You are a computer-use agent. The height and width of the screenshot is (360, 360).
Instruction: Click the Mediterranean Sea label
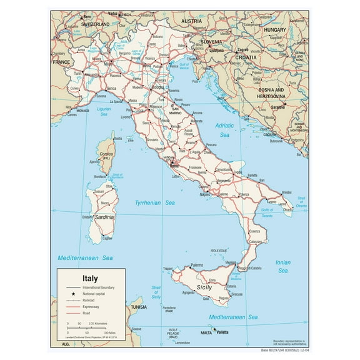(85, 257)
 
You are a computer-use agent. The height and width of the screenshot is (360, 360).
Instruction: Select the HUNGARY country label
(274, 29)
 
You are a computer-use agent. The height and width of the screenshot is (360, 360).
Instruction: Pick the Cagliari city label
(107, 238)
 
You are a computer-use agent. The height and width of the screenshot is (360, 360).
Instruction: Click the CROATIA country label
(246, 56)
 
